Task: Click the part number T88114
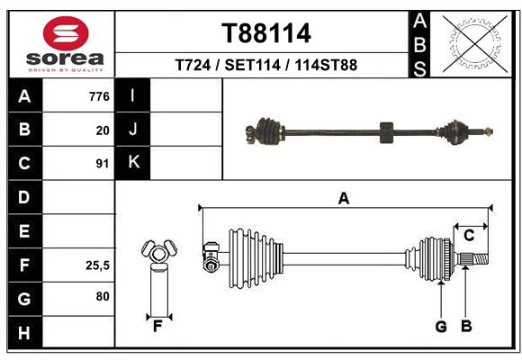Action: click(x=266, y=33)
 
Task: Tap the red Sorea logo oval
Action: click(x=66, y=33)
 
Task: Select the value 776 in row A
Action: click(x=99, y=96)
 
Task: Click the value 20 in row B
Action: click(x=103, y=130)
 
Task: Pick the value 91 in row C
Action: click(x=103, y=164)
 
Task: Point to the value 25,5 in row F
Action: click(x=97, y=265)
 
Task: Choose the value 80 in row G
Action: click(x=103, y=296)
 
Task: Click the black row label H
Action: click(x=25, y=332)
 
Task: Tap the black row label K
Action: click(x=133, y=163)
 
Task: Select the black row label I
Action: click(x=133, y=95)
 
